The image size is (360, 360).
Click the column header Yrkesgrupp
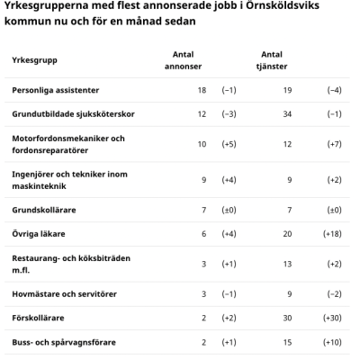(x=34, y=60)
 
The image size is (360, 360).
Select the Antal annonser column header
(x=183, y=60)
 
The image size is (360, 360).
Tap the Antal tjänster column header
(x=272, y=60)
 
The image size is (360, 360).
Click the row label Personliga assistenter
(x=56, y=90)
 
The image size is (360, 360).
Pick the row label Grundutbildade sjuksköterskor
(x=73, y=114)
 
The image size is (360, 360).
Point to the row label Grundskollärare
(x=44, y=210)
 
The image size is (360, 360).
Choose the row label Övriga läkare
(x=39, y=234)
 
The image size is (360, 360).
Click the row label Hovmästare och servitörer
(x=64, y=293)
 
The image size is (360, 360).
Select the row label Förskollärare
(x=38, y=318)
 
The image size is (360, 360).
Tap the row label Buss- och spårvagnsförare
(x=64, y=342)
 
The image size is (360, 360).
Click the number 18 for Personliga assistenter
(x=202, y=90)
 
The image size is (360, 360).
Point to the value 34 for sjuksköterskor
(x=287, y=114)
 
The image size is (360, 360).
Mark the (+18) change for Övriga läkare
(x=332, y=234)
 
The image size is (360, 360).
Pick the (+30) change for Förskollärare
(x=332, y=318)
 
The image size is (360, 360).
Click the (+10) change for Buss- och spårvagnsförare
(x=332, y=342)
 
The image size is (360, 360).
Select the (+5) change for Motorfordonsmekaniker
(x=229, y=144)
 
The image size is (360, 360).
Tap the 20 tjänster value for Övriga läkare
(x=287, y=234)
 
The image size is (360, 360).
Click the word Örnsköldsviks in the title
(x=283, y=5)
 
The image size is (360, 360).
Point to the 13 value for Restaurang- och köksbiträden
(x=287, y=264)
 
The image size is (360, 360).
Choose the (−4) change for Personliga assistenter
(x=334, y=90)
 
